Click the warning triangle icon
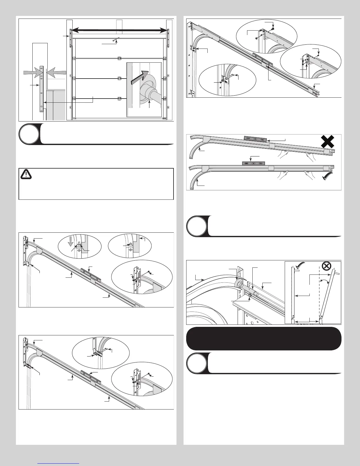26,175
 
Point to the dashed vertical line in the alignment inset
319,294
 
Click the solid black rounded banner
264,338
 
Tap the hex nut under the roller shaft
250,295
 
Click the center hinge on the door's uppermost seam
119,58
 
